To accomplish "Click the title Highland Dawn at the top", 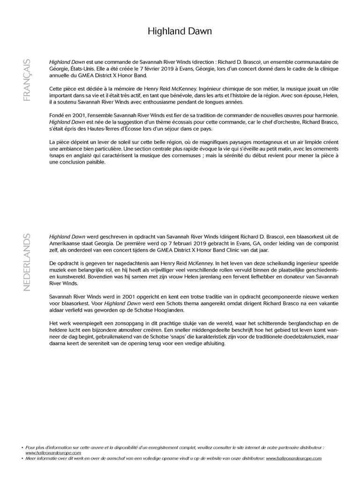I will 180,31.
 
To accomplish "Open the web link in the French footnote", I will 53,453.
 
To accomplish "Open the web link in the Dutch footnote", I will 294,458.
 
